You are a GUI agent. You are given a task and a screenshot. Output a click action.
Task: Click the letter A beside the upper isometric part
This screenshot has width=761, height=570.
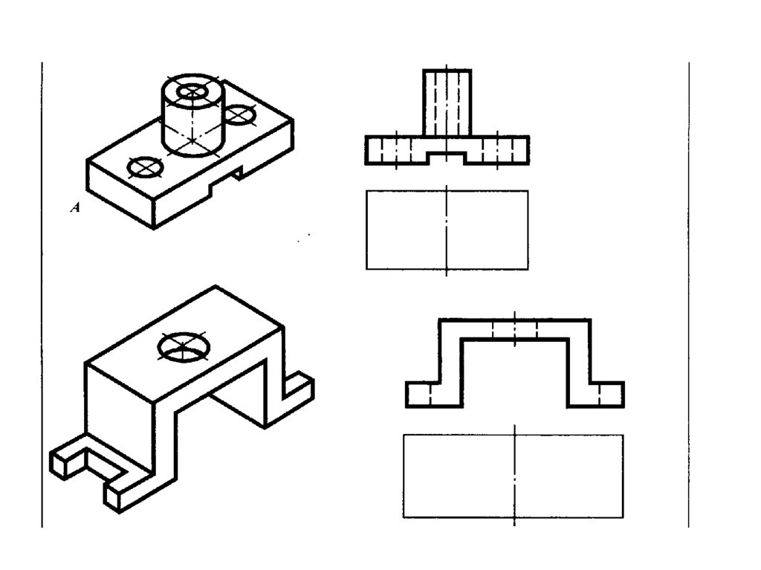(x=75, y=208)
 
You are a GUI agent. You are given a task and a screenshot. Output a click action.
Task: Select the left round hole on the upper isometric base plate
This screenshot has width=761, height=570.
(x=145, y=167)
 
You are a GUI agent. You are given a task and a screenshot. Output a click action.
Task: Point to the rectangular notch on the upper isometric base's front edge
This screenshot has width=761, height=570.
(x=226, y=180)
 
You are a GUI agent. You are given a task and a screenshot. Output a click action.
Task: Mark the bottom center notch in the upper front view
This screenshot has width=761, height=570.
(x=447, y=158)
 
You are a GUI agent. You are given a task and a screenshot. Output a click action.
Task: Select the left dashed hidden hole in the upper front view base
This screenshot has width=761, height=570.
(x=397, y=151)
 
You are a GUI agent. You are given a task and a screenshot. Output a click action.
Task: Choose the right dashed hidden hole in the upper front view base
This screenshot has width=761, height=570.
(x=497, y=151)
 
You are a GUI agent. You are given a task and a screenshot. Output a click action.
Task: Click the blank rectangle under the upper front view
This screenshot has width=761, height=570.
(x=447, y=230)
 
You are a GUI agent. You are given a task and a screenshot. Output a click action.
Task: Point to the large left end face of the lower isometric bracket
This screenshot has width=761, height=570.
(x=120, y=407)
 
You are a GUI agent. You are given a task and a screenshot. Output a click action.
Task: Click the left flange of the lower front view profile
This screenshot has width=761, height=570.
(x=423, y=395)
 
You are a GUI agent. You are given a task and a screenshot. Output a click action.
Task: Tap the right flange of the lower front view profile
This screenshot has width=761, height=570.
(x=606, y=395)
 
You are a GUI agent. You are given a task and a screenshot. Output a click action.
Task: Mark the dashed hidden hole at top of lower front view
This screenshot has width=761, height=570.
(x=515, y=329)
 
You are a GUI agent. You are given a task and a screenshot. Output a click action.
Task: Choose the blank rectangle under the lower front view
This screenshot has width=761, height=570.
(x=514, y=476)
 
